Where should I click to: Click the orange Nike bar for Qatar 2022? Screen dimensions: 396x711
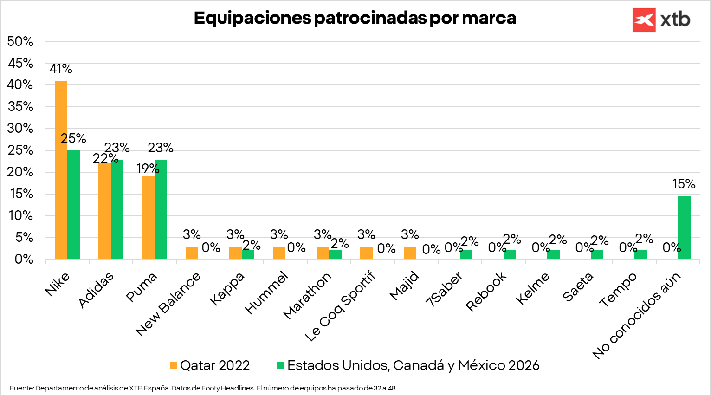coord(61,170)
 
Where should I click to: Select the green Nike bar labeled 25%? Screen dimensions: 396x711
coord(73,205)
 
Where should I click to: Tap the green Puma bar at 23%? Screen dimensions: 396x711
coord(161,209)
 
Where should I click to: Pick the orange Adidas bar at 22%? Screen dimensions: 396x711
coord(104,211)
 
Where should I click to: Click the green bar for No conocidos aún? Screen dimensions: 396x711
coord(684,227)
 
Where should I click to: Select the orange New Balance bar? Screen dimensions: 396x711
coord(192,253)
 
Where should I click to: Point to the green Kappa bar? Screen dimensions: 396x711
coord(248,254)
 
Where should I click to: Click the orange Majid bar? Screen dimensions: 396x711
coord(410,253)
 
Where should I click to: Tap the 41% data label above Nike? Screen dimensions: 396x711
coord(61,69)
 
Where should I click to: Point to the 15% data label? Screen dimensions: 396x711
coord(684,184)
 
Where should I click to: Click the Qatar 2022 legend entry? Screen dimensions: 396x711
coord(210,365)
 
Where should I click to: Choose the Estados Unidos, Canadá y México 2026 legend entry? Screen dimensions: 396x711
coord(408,365)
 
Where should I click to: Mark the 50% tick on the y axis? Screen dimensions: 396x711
coord(20,41)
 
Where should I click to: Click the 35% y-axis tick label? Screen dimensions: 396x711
coord(20,107)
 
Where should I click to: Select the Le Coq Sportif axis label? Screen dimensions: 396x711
coord(340,307)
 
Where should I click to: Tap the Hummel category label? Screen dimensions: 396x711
coord(266,294)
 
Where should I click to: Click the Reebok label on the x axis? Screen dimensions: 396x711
coord(486,292)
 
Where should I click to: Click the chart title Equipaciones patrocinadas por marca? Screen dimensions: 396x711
coord(355,18)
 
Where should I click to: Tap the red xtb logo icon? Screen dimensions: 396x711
coord(644,20)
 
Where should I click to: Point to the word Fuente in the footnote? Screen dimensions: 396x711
coord(21,388)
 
